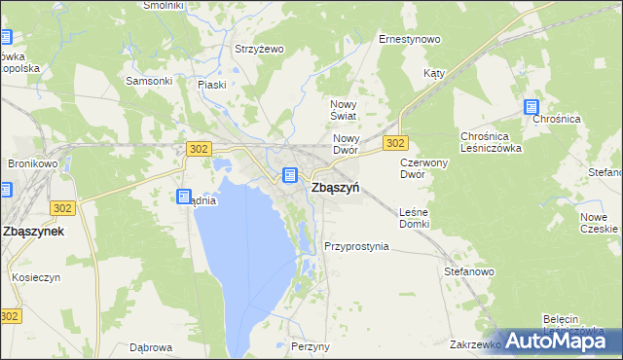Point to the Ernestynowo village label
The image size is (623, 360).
(409, 40)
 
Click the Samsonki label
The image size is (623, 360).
(142, 81)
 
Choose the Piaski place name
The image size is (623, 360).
(211, 85)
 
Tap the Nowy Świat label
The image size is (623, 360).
(345, 110)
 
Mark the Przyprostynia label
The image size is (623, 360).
(356, 246)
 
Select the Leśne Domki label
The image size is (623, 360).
(415, 218)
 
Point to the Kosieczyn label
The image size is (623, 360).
(37, 277)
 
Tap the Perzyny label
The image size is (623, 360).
(311, 346)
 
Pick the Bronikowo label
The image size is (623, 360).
(33, 164)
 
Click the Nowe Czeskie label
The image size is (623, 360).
(599, 223)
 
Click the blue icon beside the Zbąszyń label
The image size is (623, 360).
(289, 175)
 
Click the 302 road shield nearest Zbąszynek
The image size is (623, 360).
(63, 208)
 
